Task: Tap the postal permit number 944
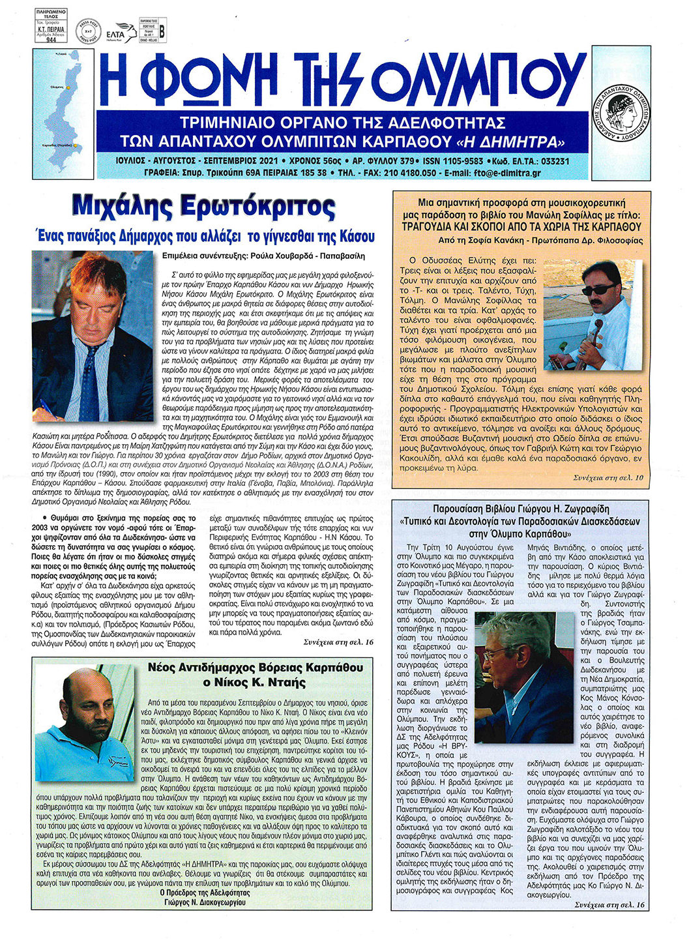pos(51,38)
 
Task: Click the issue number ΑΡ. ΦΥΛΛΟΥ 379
pos(383,161)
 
